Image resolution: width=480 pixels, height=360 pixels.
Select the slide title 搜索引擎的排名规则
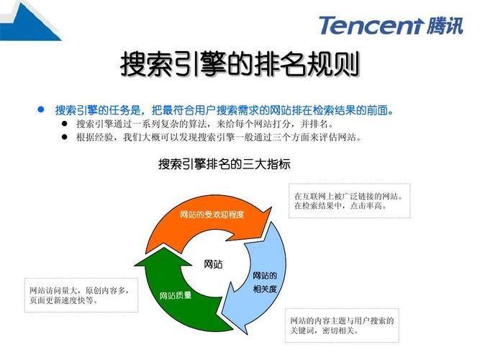(x=240, y=66)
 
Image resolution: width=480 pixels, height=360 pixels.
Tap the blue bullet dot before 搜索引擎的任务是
(x=41, y=110)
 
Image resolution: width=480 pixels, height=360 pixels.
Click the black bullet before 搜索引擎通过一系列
(x=65, y=124)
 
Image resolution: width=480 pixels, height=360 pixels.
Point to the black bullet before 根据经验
(x=65, y=137)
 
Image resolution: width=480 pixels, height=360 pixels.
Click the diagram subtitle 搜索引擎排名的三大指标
(x=225, y=164)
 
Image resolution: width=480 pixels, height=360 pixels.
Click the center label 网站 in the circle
(x=213, y=264)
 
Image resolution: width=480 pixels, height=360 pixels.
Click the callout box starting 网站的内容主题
(x=343, y=324)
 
